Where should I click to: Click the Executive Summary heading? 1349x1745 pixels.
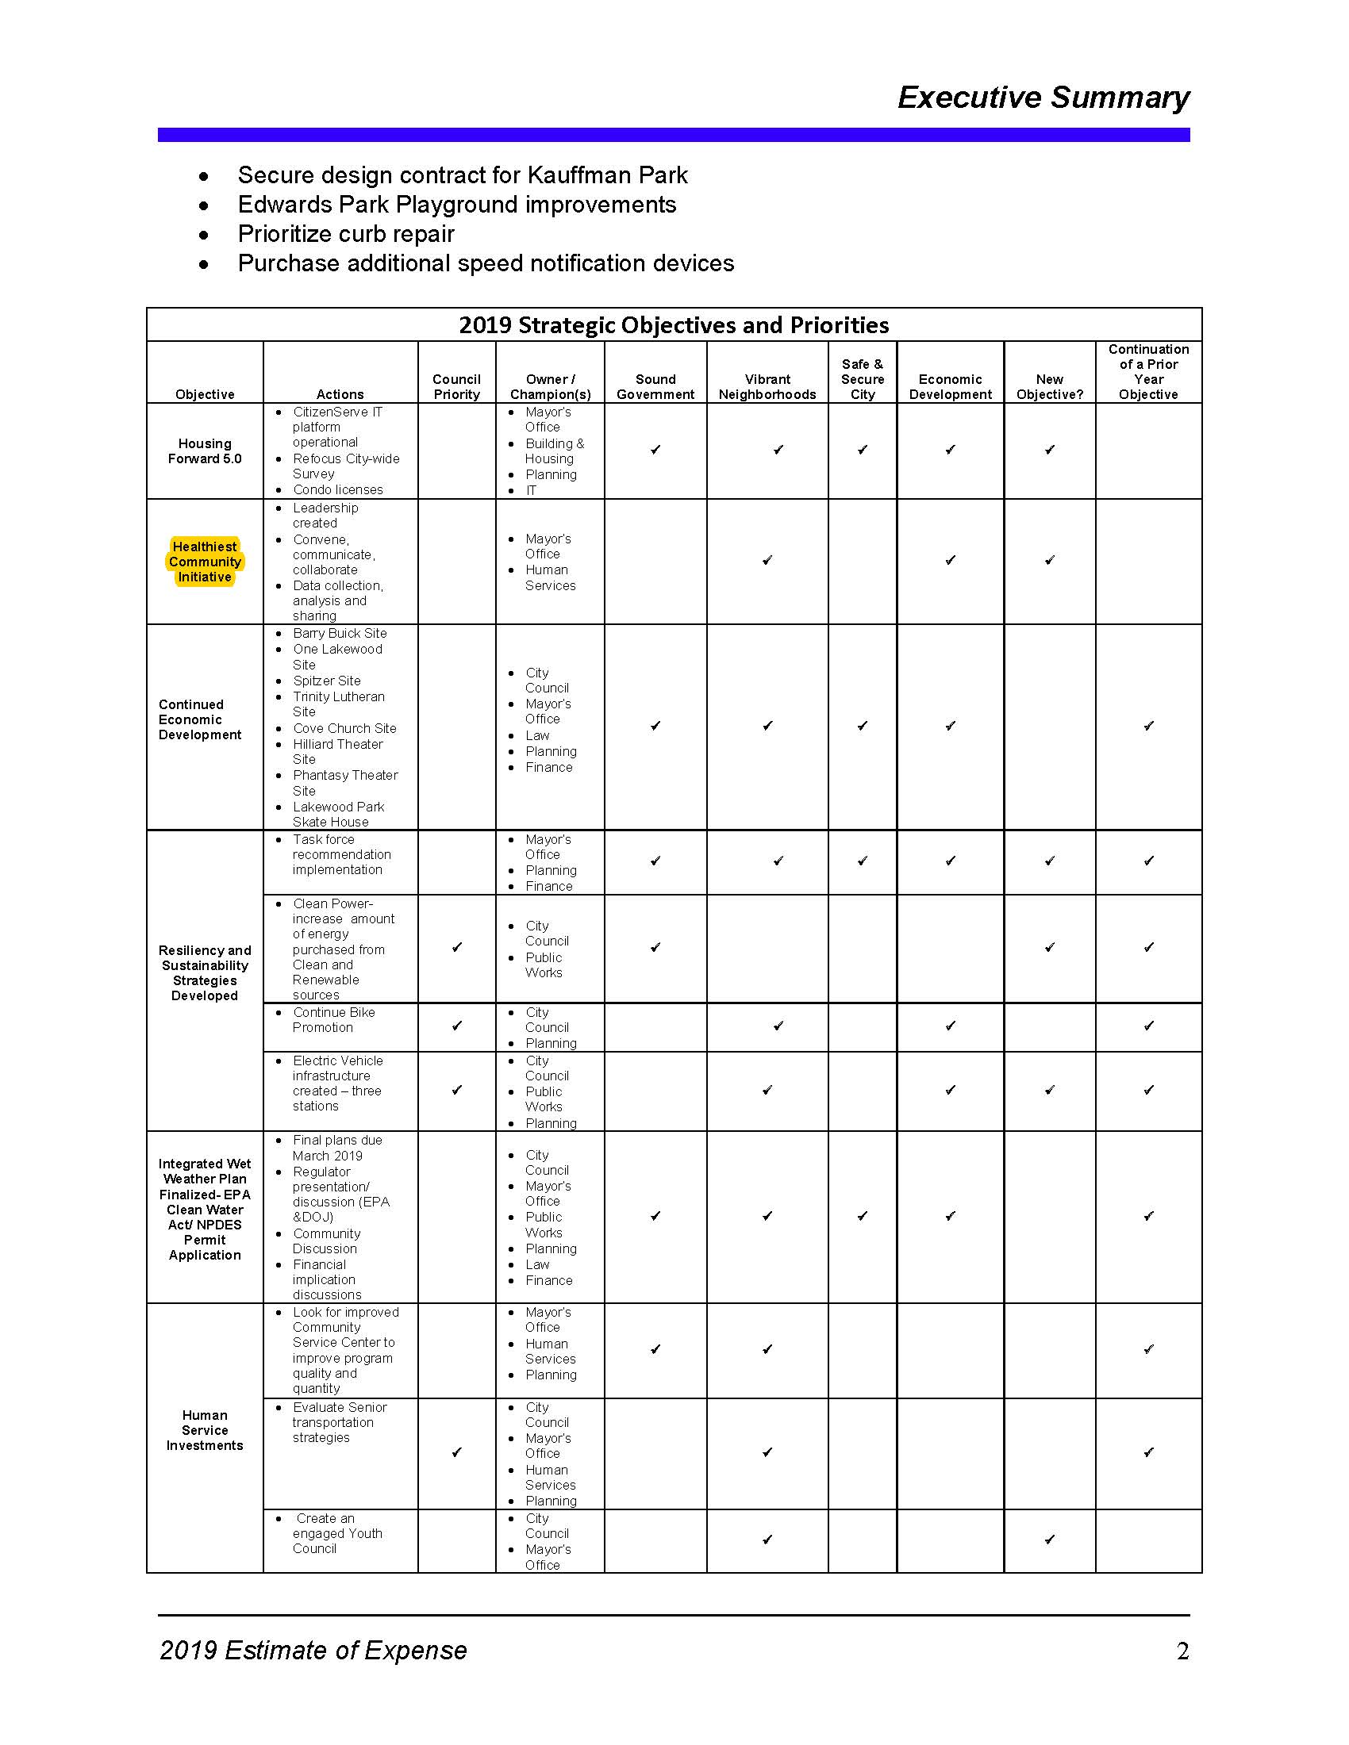1043,98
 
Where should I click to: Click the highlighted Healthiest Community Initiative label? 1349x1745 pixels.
205,562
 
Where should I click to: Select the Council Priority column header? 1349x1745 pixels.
456,387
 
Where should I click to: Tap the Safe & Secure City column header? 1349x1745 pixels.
863,378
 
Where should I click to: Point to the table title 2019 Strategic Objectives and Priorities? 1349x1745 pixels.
674,325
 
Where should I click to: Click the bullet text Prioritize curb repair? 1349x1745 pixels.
345,234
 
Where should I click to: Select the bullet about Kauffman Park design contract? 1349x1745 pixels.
462,175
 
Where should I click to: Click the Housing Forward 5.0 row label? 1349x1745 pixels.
205,451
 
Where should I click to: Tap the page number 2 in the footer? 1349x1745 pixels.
1183,1651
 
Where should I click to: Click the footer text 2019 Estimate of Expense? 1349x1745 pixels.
313,1651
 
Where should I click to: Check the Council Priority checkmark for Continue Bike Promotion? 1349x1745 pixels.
457,1026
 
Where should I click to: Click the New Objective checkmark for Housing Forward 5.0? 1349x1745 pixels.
1050,450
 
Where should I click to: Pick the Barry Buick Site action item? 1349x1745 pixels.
339,633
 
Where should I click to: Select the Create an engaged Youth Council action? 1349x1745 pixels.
336,1533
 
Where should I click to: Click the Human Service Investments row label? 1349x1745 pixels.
205,1430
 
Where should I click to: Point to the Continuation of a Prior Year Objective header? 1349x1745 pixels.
1148,371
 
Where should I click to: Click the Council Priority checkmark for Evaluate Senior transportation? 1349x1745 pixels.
457,1452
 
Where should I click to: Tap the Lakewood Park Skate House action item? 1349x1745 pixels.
337,814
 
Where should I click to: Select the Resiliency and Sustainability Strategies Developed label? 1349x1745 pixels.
205,972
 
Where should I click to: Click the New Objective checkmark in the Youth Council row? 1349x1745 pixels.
1050,1540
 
